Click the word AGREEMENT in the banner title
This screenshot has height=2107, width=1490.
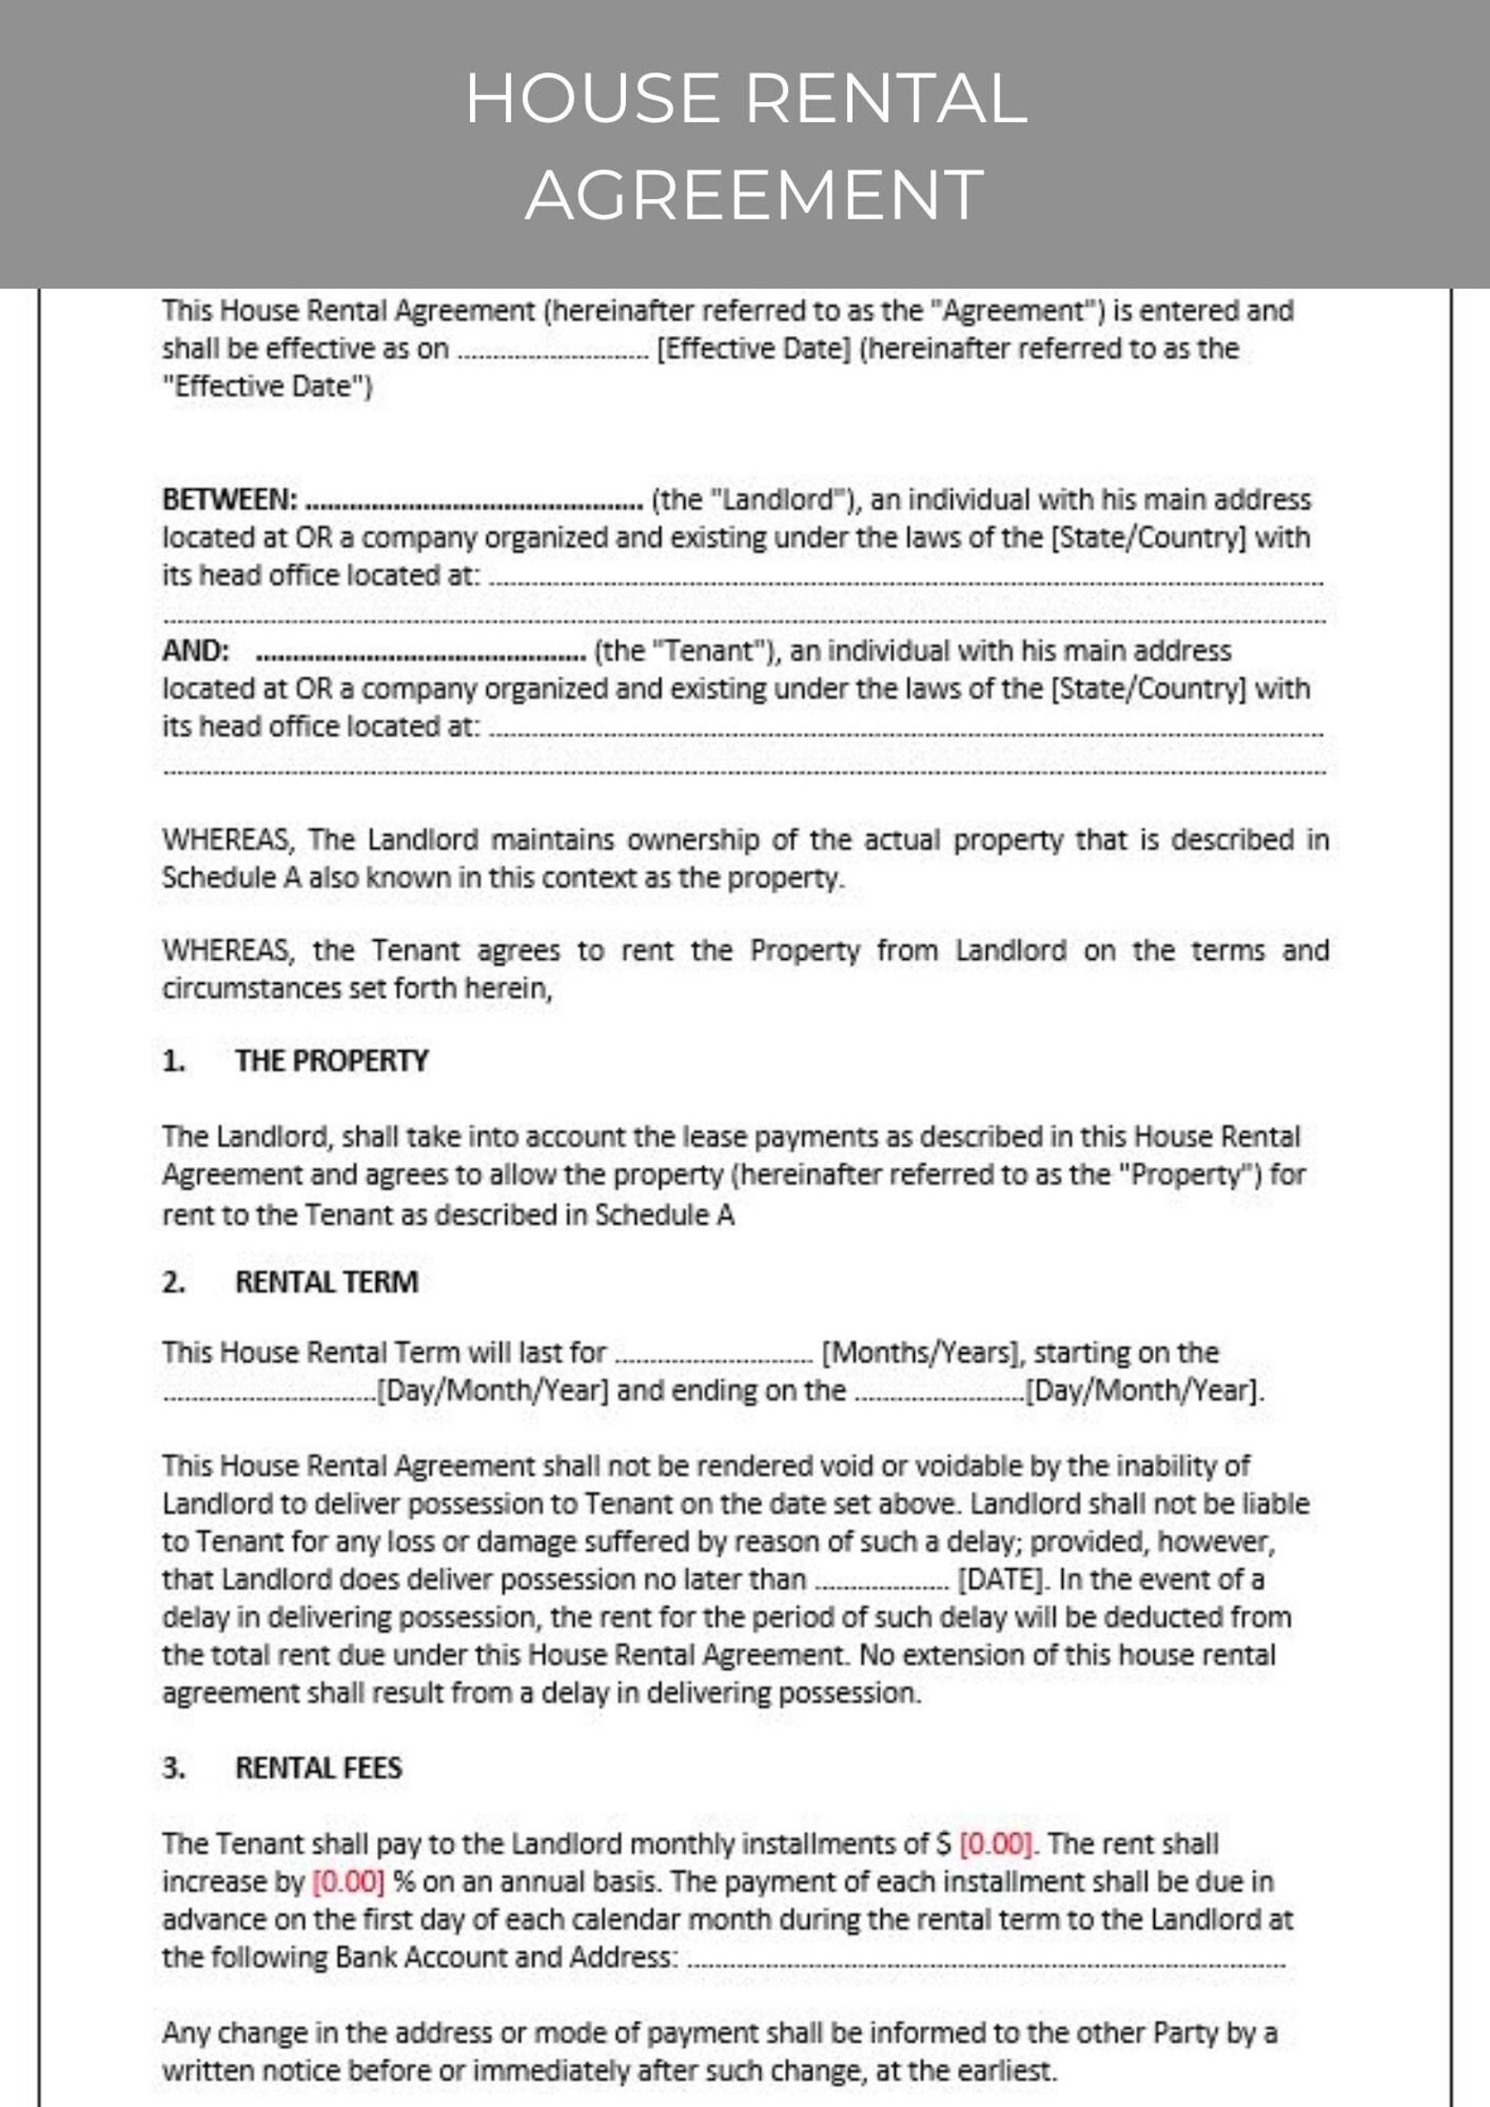click(x=754, y=195)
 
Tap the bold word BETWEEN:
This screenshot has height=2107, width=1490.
click(x=230, y=500)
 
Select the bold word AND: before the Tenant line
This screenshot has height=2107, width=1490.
click(x=195, y=651)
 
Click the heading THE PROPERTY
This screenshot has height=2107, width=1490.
click(x=331, y=1061)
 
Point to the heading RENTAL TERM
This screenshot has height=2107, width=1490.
click(x=326, y=1282)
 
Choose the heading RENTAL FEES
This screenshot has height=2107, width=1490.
click(x=318, y=1768)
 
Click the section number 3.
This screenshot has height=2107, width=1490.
click(x=173, y=1768)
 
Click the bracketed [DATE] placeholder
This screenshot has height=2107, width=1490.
click(x=1000, y=1580)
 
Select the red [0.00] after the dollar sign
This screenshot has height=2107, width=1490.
click(x=996, y=1843)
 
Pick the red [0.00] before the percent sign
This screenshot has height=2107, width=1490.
click(x=348, y=1881)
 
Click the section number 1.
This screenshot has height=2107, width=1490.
click(x=173, y=1061)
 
